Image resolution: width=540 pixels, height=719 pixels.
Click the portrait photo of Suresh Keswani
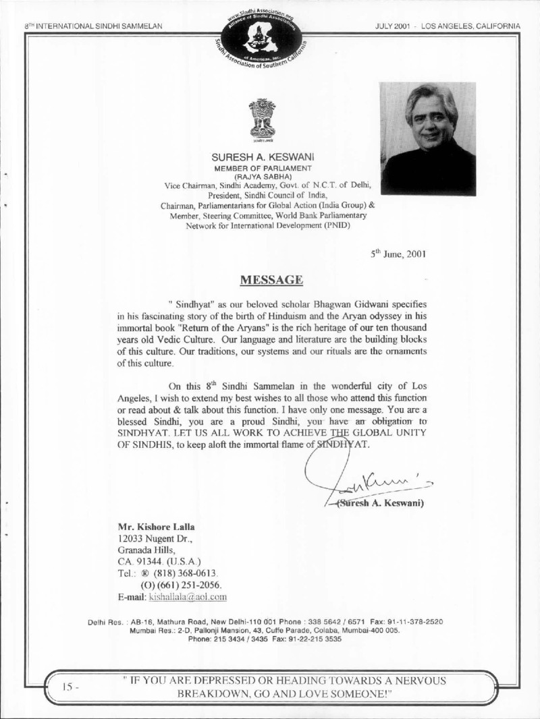[427, 138]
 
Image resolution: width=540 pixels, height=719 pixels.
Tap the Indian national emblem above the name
[262, 119]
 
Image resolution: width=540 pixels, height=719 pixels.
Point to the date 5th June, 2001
[398, 254]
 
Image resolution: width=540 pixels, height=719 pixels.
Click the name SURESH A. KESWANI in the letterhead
[261, 156]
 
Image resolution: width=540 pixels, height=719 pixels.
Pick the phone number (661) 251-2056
[180, 585]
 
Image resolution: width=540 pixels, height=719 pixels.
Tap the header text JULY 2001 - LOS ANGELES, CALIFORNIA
[450, 26]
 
